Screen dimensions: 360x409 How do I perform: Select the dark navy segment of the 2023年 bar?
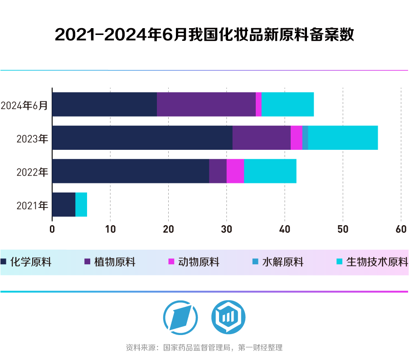pos(142,138)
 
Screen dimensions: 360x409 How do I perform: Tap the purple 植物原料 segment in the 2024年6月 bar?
pos(206,104)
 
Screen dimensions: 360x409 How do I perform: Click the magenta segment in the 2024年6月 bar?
pos(258,104)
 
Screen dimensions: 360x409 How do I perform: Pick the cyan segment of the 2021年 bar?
pos(81,205)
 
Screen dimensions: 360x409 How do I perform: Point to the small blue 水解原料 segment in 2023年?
pos(305,138)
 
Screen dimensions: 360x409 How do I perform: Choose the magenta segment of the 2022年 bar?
pos(235,171)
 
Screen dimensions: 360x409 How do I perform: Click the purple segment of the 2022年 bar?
pos(218,171)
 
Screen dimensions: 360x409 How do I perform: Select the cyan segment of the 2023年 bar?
pos(343,138)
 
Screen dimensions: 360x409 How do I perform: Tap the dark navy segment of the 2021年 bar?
pos(64,205)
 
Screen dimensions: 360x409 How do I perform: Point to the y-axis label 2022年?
pos(32,172)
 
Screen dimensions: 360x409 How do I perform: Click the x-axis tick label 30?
pos(226,230)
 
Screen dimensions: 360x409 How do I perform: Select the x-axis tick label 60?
pos(401,230)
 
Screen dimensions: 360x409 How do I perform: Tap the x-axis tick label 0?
pos(52,230)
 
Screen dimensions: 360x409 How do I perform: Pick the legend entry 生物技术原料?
pos(372,262)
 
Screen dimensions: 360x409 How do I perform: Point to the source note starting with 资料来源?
pos(204,348)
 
